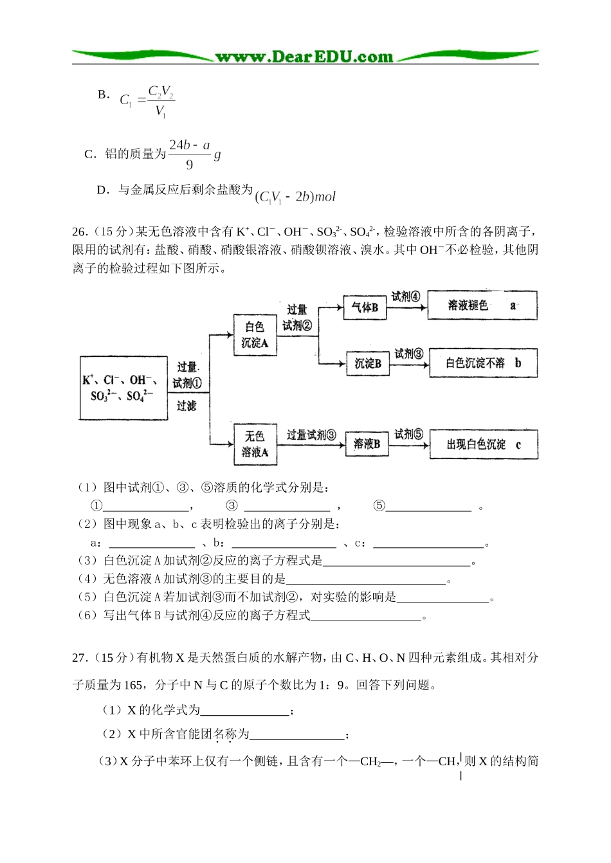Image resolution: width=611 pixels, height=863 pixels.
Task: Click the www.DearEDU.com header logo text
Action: click(x=304, y=57)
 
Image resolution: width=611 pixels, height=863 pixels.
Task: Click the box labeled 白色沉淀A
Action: click(x=255, y=334)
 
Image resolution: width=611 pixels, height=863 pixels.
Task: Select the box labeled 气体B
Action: click(x=365, y=307)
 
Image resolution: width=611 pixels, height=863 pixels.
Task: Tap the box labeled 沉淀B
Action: click(x=368, y=363)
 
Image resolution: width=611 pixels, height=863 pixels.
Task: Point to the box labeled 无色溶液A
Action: click(x=255, y=444)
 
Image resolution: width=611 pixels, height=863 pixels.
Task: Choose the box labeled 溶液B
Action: click(x=367, y=444)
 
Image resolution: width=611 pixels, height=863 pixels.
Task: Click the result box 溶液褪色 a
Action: click(x=482, y=305)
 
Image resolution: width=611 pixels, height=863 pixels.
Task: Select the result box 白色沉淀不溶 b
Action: click(x=482, y=363)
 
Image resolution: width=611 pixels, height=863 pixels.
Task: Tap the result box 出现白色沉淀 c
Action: click(x=483, y=444)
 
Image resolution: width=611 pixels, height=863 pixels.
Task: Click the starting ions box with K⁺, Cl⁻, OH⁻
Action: click(x=123, y=388)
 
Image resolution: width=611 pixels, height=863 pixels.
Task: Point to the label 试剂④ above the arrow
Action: click(x=405, y=296)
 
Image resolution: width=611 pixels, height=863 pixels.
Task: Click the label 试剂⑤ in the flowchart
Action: click(x=408, y=434)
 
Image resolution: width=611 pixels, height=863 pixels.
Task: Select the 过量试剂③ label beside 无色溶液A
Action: click(x=311, y=435)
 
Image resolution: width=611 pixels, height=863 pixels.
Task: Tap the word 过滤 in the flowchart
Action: click(x=187, y=406)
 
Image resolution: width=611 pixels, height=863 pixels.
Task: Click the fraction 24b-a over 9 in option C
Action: click(x=189, y=154)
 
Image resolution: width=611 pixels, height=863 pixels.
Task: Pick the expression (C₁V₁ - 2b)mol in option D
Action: click(x=295, y=197)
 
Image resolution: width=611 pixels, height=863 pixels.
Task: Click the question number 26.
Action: click(x=79, y=232)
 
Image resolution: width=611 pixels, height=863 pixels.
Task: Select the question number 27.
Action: click(x=79, y=657)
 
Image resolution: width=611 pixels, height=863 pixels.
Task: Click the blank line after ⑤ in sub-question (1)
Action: click(x=428, y=507)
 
